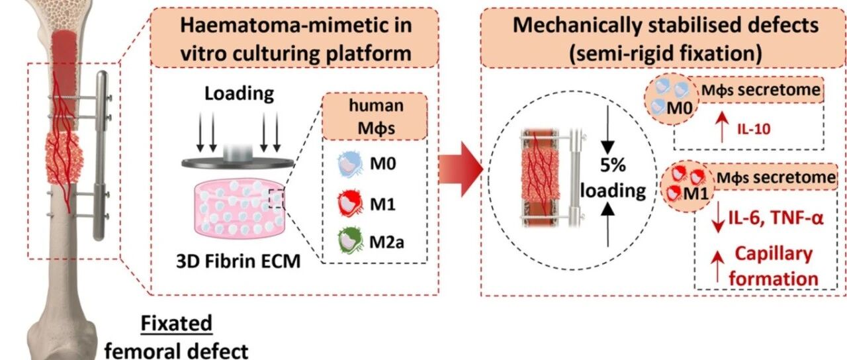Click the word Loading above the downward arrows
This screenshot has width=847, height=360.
pyautogui.click(x=240, y=94)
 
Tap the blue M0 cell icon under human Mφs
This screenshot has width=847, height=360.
pyautogui.click(x=350, y=165)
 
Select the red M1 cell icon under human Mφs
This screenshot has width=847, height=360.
pyautogui.click(x=350, y=203)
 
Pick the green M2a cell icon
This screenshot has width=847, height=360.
pyautogui.click(x=350, y=240)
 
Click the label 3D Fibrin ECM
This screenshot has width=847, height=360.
pyautogui.click(x=238, y=261)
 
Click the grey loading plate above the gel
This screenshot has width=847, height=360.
pyautogui.click(x=238, y=163)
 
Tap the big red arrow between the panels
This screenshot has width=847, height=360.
pyautogui.click(x=461, y=169)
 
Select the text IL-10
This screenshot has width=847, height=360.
pyautogui.click(x=754, y=129)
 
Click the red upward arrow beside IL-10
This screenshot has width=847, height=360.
pyautogui.click(x=722, y=127)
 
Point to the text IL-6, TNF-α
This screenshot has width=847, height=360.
pyautogui.click(x=776, y=218)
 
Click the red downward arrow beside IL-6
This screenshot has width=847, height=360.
pyautogui.click(x=717, y=216)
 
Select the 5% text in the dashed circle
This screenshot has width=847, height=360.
pyautogui.click(x=613, y=165)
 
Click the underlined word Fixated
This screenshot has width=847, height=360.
pyautogui.click(x=176, y=324)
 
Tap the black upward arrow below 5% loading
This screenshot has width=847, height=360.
pyautogui.click(x=607, y=224)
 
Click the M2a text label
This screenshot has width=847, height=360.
pyautogui.click(x=386, y=242)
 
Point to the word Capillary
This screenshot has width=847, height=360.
pyautogui.click(x=774, y=254)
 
